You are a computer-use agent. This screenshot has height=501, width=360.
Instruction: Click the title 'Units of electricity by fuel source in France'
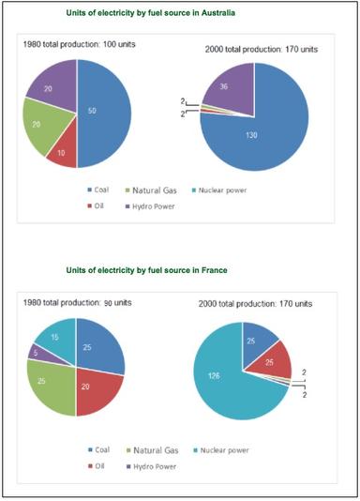(x=160, y=271)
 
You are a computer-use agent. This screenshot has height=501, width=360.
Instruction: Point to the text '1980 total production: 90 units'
(x=83, y=303)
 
